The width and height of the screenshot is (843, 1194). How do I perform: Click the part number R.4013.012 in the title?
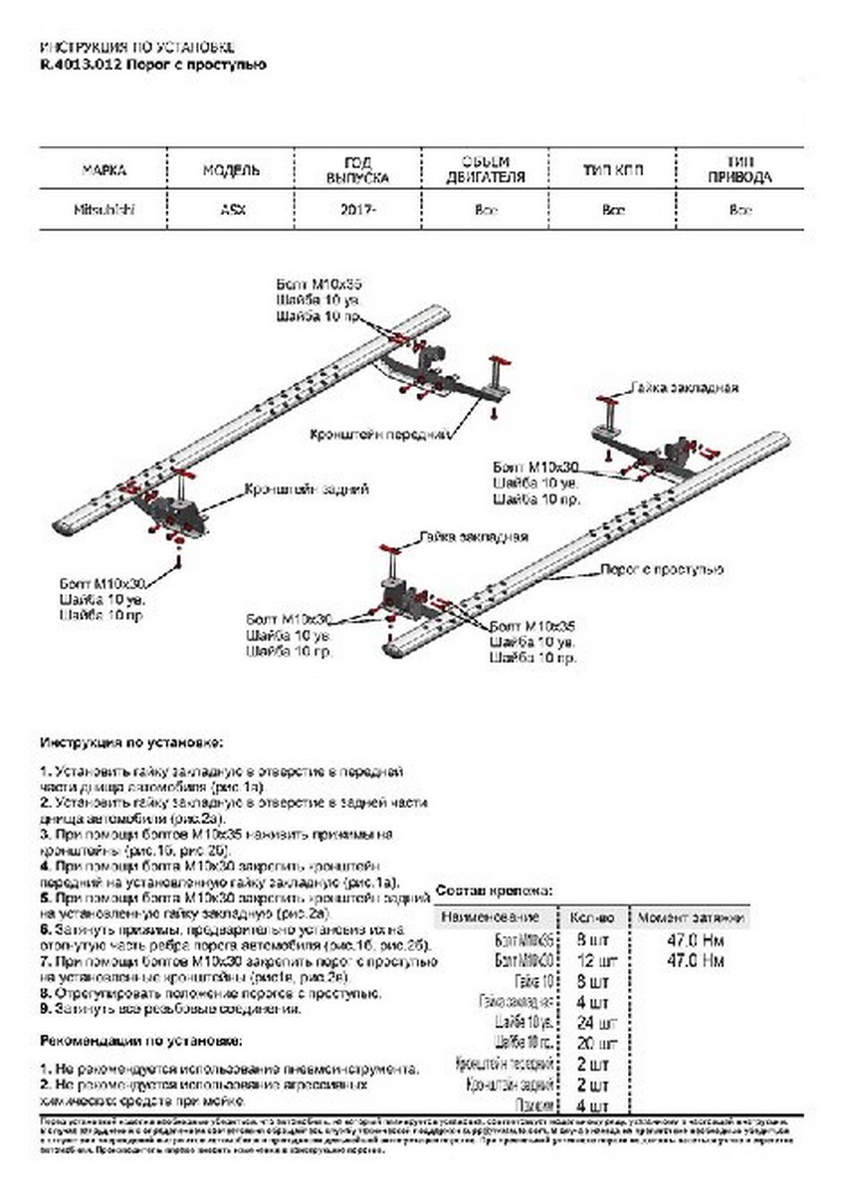(78, 66)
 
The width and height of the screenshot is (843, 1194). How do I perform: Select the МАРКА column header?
(104, 170)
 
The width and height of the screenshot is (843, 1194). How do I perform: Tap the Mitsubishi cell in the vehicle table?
(104, 211)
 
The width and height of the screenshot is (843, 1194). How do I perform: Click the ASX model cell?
(231, 211)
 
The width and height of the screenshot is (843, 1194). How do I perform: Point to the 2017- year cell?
(358, 211)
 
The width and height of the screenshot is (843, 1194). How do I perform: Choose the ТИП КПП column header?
(613, 170)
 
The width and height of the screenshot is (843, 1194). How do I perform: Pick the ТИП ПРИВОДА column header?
(739, 170)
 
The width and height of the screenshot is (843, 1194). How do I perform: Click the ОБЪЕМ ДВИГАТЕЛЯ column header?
(486, 170)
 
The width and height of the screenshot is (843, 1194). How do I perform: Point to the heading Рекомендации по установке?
(140, 1041)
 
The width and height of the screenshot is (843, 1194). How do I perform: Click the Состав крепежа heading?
(495, 890)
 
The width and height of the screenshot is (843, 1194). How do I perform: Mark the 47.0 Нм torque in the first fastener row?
(694, 940)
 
